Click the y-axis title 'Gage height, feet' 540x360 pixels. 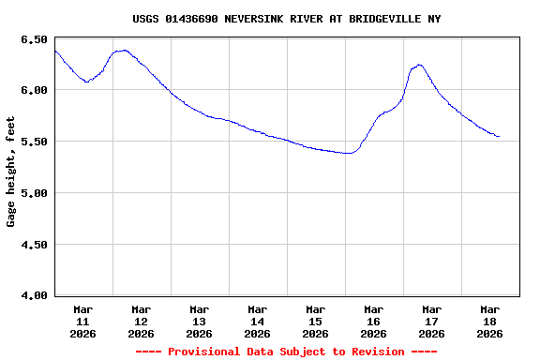pyautogui.click(x=11, y=172)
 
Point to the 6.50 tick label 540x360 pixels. pyautogui.click(x=33, y=39)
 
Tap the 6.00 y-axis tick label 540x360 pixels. pyautogui.click(x=33, y=90)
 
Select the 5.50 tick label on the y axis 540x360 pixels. pyautogui.click(x=33, y=142)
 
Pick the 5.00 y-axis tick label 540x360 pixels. pyautogui.click(x=33, y=193)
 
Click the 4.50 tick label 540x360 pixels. pyautogui.click(x=33, y=245)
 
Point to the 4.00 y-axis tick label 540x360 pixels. pyautogui.click(x=33, y=296)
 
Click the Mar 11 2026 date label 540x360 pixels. pyautogui.click(x=83, y=321)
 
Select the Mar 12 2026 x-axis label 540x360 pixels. pyautogui.click(x=142, y=321)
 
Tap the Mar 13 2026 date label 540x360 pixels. pyautogui.click(x=200, y=321)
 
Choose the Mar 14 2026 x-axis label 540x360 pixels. pyautogui.click(x=258, y=321)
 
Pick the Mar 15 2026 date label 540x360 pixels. pyautogui.click(x=316, y=321)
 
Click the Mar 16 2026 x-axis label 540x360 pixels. pyautogui.click(x=374, y=321)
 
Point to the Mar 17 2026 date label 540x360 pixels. pyautogui.click(x=432, y=321)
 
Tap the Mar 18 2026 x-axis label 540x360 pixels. pyautogui.click(x=490, y=321)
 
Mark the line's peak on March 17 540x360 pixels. pyautogui.click(x=419, y=65)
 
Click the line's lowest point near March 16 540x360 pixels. pyautogui.click(x=349, y=153)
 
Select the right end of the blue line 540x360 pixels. pyautogui.click(x=499, y=137)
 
